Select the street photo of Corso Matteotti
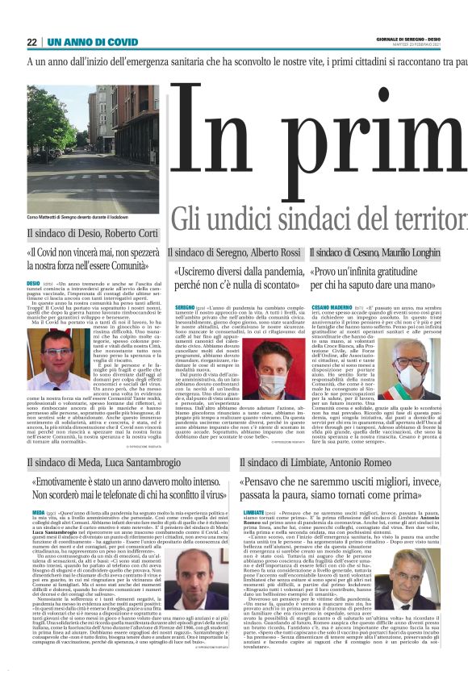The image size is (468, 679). [72, 148]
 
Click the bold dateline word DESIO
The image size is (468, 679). [33, 284]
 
